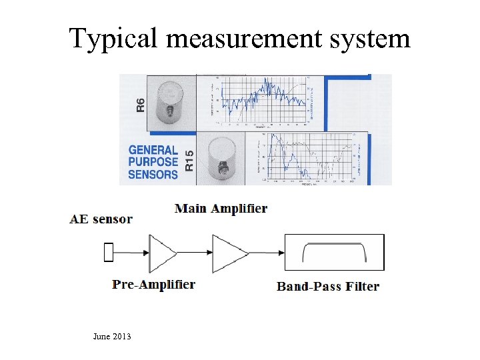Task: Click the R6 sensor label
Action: (x=140, y=105)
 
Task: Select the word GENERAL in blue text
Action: (x=153, y=151)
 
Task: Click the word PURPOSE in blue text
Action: (x=153, y=162)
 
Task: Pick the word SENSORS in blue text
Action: (x=153, y=175)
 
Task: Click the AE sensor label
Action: (x=101, y=219)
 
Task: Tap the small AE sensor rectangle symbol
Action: (x=109, y=253)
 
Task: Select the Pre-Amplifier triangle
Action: (x=161, y=253)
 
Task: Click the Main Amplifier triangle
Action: (x=228, y=253)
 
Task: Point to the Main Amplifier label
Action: (x=221, y=208)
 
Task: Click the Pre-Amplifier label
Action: (x=154, y=285)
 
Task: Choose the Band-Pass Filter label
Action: (x=328, y=287)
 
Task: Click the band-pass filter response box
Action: (x=335, y=253)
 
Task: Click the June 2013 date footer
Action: (x=112, y=337)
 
